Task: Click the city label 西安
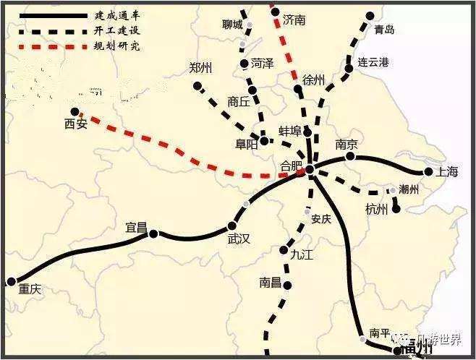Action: (75, 124)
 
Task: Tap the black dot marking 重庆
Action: (11, 281)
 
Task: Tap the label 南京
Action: (348, 144)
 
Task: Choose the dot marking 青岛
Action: (371, 15)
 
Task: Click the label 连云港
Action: (373, 63)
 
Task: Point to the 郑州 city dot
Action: (197, 86)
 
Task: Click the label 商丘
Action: (238, 102)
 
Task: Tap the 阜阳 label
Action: (247, 143)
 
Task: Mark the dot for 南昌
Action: (287, 285)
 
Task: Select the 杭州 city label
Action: (377, 210)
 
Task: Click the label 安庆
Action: (320, 219)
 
